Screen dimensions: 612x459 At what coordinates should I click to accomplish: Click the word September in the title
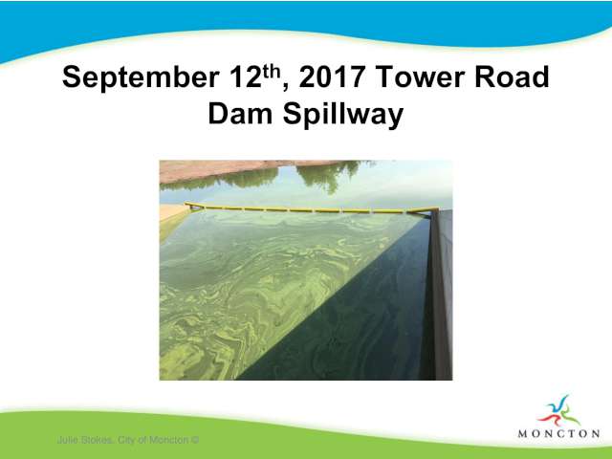(141, 78)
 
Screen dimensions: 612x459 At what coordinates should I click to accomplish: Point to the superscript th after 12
(272, 72)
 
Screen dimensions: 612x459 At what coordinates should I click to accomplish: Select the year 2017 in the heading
(332, 76)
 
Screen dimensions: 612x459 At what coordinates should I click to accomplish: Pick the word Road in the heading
(513, 76)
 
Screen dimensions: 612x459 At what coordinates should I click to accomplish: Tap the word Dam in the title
(240, 114)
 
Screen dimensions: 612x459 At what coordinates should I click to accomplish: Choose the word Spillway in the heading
(343, 116)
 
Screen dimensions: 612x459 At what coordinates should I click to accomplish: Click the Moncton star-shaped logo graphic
(558, 411)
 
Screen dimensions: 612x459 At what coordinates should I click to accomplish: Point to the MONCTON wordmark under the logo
(558, 433)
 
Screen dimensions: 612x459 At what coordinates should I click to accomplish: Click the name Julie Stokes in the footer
(85, 440)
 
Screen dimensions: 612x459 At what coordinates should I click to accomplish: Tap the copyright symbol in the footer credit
(195, 440)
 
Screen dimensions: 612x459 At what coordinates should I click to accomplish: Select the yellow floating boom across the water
(310, 208)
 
